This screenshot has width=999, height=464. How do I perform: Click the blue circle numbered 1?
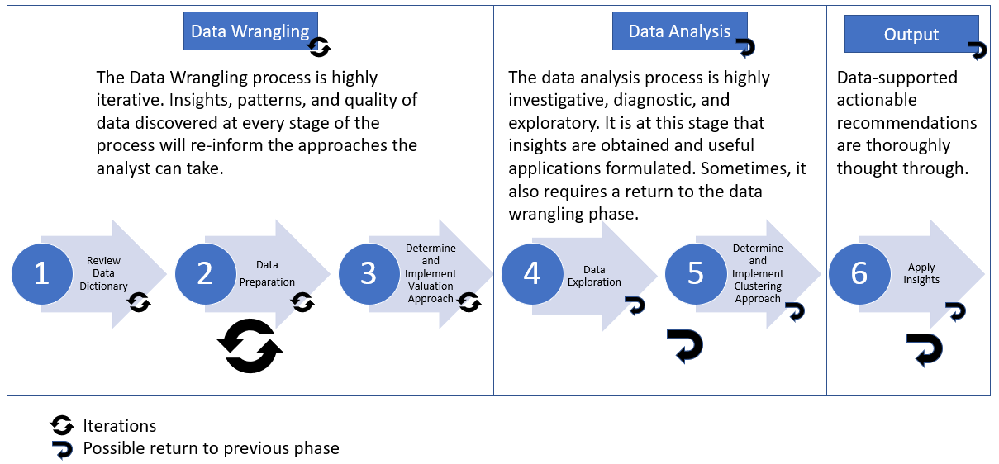click(x=41, y=273)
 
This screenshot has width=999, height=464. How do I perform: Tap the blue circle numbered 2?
click(x=205, y=273)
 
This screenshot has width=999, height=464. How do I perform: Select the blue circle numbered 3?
click(x=369, y=273)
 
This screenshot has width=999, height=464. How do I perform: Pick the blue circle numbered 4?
click(x=532, y=273)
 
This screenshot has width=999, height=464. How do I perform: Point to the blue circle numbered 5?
click(x=696, y=273)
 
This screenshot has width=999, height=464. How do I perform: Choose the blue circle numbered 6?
click(x=859, y=273)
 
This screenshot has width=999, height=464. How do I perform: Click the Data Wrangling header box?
click(x=250, y=31)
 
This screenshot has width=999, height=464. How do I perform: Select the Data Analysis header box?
click(x=679, y=31)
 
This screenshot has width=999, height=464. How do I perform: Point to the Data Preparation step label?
click(x=267, y=273)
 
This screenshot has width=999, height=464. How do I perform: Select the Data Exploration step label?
click(x=594, y=276)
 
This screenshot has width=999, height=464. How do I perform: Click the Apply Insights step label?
click(x=921, y=273)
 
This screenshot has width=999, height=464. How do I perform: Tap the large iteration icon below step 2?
click(x=250, y=346)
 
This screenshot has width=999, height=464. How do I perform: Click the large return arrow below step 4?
click(x=685, y=346)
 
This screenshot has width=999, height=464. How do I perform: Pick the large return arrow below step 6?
click(x=925, y=348)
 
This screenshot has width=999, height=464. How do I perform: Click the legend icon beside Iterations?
click(x=62, y=426)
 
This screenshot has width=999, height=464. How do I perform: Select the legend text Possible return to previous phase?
click(x=211, y=448)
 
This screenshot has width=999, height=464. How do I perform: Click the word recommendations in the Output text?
click(x=906, y=123)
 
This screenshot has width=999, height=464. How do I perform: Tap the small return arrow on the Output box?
click(x=978, y=51)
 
